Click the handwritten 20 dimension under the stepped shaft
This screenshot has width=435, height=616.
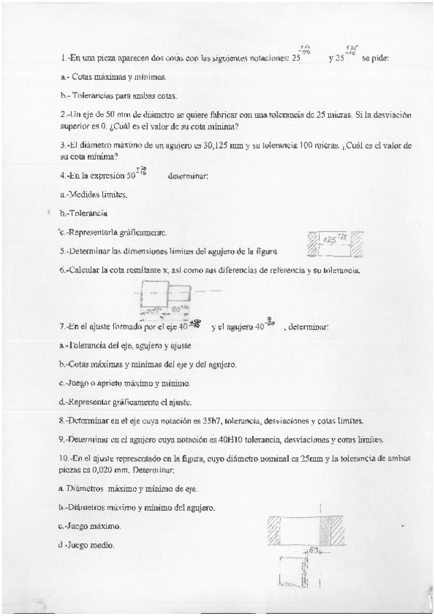pos(179,308)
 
